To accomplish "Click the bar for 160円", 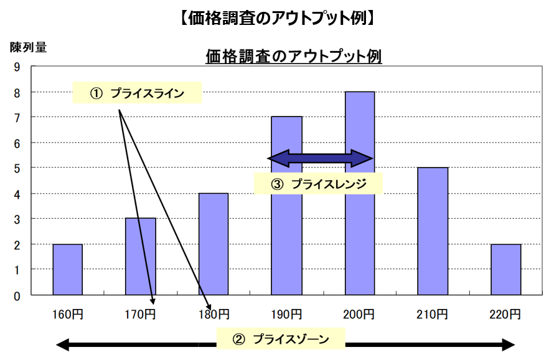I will point(67,269).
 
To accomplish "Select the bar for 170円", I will point(141,256).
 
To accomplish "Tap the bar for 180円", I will point(213,244).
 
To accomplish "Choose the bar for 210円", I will point(433,230).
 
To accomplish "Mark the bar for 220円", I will point(506,269).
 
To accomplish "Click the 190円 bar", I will point(286,249).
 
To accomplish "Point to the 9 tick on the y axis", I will point(17,67).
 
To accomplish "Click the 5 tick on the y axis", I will point(17,168).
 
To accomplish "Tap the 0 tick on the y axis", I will point(17,295).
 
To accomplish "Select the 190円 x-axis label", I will point(286,314).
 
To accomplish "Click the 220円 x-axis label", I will point(506,314).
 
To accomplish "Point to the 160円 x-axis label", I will point(67,314).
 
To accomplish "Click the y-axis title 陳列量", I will point(28,47).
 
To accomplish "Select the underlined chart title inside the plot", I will point(293,56).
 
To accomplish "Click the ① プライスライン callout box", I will point(138,93).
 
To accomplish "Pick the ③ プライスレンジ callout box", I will point(318,184).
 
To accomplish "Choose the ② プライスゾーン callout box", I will point(280,339).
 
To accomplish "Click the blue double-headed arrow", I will point(320,158).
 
